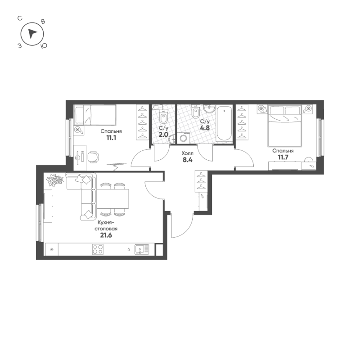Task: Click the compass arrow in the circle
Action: click(x=32, y=34)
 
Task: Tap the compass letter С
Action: click(x=20, y=18)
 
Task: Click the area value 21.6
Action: click(x=106, y=235)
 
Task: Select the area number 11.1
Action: click(x=111, y=138)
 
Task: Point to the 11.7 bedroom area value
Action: click(x=283, y=157)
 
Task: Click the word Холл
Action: click(x=187, y=153)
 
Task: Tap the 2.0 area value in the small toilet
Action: click(x=163, y=134)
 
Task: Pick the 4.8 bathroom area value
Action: click(x=205, y=128)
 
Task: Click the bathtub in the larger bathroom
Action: click(x=224, y=123)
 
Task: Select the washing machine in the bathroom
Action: click(x=184, y=138)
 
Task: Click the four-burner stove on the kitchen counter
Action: click(x=98, y=249)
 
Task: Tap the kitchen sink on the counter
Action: click(x=142, y=249)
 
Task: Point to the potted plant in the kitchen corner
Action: click(x=54, y=180)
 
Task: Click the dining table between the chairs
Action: click(x=113, y=198)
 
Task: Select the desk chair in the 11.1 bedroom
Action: click(x=93, y=157)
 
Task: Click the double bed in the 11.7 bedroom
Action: click(x=284, y=126)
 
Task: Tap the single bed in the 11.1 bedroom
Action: click(x=95, y=115)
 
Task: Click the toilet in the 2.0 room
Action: click(x=163, y=117)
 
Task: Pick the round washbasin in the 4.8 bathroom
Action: click(x=210, y=109)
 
